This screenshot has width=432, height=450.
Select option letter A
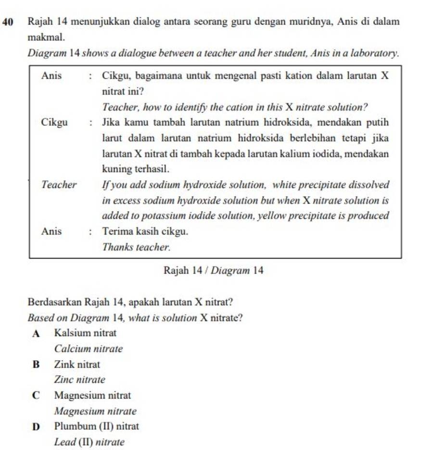pos(36,333)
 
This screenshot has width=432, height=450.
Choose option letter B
pos(36,364)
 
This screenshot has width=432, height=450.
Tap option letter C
pos(36,396)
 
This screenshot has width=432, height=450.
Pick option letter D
pos(36,426)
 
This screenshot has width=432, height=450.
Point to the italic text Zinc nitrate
pos(79,380)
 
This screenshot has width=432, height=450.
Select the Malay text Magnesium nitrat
pos(92,396)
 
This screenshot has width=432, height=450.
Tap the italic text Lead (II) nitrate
pos(89,442)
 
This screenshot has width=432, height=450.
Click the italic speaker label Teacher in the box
pos(59,185)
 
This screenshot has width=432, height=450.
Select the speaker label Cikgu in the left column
pos(54,122)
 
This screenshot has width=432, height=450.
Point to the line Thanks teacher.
pos(137,247)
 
